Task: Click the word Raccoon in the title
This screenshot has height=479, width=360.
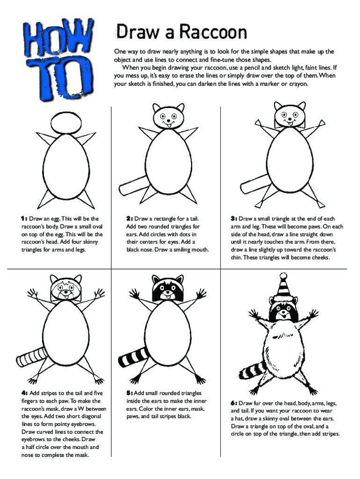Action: [213, 32]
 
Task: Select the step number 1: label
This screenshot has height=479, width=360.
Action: [24, 219]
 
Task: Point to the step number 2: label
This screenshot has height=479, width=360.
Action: [130, 219]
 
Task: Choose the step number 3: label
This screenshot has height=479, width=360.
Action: [234, 219]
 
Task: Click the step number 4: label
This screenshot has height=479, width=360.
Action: [24, 393]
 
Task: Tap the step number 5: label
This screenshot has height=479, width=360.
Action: [130, 393]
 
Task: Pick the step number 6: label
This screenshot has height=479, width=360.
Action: [234, 403]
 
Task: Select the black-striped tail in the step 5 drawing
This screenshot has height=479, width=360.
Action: [133, 357]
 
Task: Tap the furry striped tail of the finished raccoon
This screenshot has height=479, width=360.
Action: [252, 370]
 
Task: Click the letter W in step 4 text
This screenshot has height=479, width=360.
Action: [80, 409]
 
